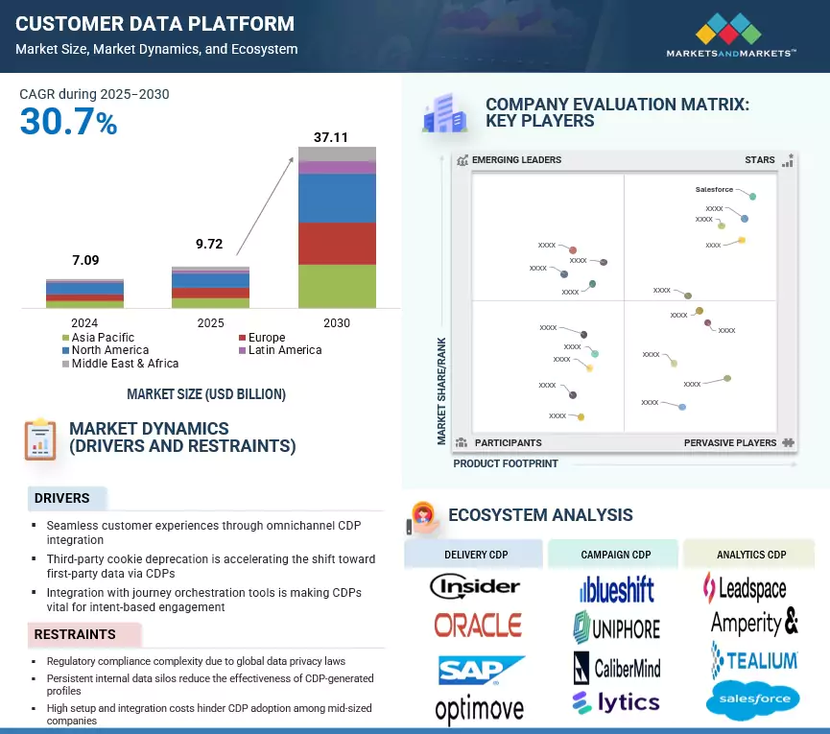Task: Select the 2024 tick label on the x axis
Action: [x=84, y=323]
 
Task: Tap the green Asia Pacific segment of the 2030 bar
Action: [x=337, y=286]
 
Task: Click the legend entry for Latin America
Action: [x=284, y=350]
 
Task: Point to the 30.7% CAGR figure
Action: [x=68, y=122]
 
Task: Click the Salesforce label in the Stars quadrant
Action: [x=714, y=190]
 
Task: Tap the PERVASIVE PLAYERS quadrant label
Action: [x=730, y=443]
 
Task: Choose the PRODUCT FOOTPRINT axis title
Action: [x=506, y=463]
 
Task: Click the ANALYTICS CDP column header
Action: [x=751, y=555]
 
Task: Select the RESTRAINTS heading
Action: [x=75, y=634]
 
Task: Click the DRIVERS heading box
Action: [x=62, y=498]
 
